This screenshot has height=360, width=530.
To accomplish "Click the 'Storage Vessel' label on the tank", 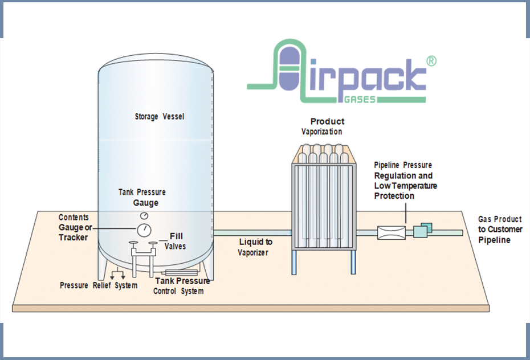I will coord(160,117).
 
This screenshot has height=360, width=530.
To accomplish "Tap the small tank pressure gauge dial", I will coord(144,216).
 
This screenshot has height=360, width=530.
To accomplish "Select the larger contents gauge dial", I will coord(144,230).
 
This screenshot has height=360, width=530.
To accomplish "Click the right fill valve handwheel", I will coord(152,244).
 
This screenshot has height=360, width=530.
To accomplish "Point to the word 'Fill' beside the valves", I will coord(176,236).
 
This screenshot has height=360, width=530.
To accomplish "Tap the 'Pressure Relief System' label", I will coord(99,285).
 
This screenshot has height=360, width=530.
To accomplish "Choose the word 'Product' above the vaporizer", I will coord(327,121).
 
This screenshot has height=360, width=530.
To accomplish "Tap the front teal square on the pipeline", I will coord(420,231).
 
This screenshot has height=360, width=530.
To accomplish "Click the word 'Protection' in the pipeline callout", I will coord(394,196).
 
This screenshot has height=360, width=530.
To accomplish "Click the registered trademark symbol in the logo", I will coord(431,61).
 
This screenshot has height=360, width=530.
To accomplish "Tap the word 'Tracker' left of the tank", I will coord(74,237).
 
